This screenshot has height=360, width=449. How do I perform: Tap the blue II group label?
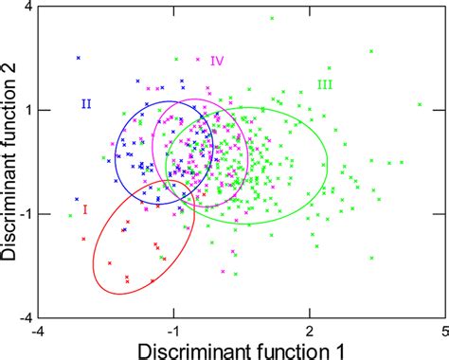coord(85,103)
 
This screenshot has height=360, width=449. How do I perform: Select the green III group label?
coord(325,84)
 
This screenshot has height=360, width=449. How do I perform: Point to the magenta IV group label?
coord(217,61)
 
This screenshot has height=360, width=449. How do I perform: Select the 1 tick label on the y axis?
coord(28,110)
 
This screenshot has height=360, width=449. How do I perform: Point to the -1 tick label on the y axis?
coord(26,214)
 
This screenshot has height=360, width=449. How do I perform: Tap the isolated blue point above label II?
coord(79,58)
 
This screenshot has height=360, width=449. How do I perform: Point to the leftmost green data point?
coord(70,215)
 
